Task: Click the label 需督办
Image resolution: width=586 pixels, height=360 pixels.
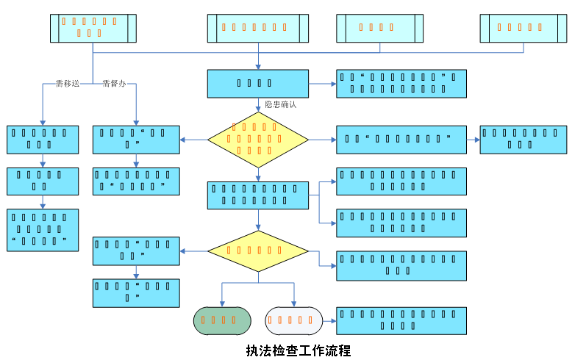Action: pos(114,84)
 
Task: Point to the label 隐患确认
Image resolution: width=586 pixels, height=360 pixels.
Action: pos(280,104)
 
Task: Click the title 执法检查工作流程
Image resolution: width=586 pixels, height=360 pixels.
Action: pos(299,350)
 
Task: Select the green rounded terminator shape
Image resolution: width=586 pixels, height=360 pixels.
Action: pos(222,320)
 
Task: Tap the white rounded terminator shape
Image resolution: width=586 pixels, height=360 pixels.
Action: pos(294,320)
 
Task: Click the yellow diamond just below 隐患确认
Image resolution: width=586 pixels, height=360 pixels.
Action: pos(258,140)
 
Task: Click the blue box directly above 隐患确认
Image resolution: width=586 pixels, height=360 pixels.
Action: pos(257,84)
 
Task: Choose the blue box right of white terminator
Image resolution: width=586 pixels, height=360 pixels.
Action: pos(401,320)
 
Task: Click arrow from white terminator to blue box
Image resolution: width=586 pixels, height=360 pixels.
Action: pos(329,320)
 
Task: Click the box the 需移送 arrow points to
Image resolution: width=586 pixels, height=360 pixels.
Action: pos(43,140)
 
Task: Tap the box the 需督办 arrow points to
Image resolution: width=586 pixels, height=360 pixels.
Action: pos(136,140)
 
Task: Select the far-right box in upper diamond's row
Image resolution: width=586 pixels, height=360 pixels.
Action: pos(523,140)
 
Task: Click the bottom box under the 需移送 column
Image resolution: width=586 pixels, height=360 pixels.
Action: pos(43,230)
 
